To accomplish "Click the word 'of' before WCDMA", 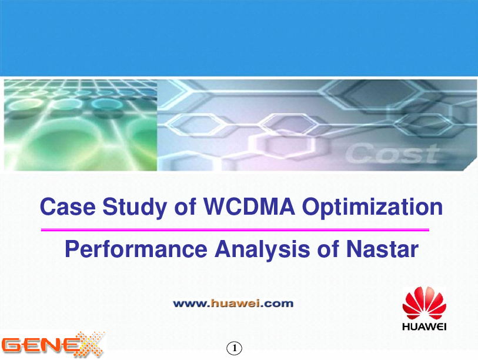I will (185, 207).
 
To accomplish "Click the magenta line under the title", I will (235, 229).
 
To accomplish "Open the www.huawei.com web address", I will (233, 304).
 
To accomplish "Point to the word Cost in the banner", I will (393, 154).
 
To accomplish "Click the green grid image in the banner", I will (80, 125).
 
